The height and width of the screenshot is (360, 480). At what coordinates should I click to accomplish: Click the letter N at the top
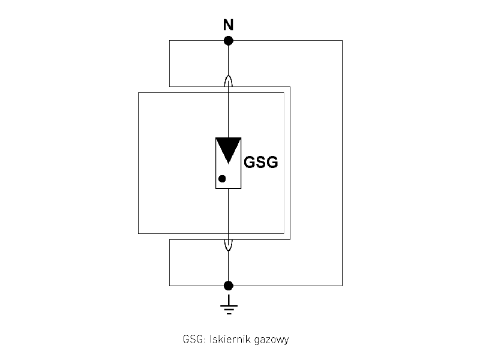click(x=228, y=25)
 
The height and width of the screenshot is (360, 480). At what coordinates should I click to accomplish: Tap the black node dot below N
click(x=228, y=41)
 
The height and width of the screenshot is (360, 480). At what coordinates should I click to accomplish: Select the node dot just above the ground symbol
click(x=228, y=285)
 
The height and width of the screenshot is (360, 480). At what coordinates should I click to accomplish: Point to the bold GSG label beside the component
click(x=261, y=163)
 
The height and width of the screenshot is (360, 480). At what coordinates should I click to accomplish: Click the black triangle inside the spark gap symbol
click(x=228, y=148)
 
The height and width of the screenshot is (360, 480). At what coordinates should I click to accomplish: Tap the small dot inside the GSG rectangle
click(x=222, y=178)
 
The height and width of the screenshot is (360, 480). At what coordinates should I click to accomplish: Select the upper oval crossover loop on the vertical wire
click(x=228, y=83)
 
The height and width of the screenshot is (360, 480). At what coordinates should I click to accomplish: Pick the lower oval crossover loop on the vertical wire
click(x=228, y=243)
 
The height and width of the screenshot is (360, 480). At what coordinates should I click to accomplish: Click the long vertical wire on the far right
click(x=342, y=162)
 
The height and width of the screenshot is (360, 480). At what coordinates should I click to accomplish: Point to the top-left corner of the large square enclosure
click(x=139, y=92)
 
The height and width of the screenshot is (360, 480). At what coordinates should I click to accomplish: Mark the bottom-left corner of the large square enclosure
click(x=139, y=233)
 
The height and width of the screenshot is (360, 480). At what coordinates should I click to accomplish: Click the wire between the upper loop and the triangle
click(x=228, y=114)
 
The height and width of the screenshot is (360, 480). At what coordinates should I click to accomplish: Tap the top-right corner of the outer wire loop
click(x=342, y=41)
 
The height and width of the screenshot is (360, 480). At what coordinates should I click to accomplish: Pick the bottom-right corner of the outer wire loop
click(x=342, y=285)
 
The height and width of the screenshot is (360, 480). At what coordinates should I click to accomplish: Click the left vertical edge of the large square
click(x=139, y=162)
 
